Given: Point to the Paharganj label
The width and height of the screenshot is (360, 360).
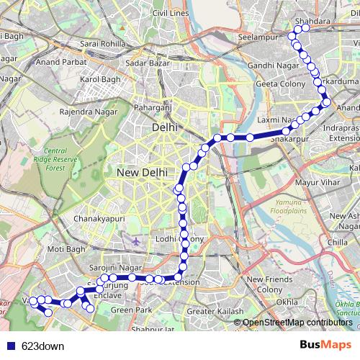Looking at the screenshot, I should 157,108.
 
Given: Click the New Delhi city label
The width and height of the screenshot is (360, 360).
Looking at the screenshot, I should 142,173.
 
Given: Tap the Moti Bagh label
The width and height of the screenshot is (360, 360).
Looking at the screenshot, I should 66,249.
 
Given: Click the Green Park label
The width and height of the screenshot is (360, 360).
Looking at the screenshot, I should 131,310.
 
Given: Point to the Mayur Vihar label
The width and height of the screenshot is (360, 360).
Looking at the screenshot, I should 317,182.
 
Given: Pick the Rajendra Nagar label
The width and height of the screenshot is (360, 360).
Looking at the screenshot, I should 88,112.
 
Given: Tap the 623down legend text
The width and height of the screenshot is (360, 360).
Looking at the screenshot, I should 43,346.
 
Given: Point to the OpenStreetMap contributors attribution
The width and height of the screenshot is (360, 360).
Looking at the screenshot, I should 297,323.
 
